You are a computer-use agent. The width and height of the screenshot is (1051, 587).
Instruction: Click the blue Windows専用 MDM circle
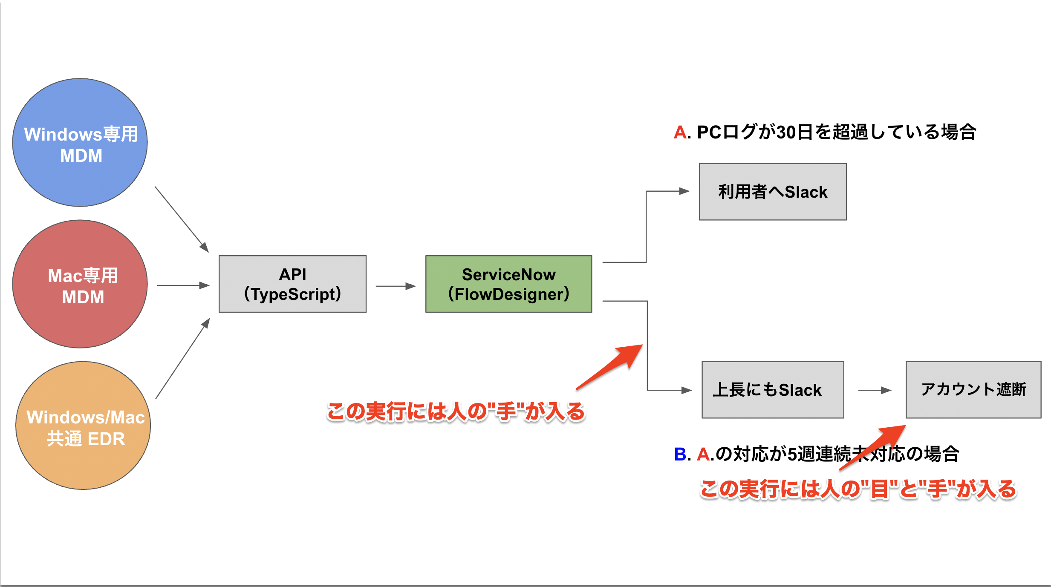(x=80, y=143)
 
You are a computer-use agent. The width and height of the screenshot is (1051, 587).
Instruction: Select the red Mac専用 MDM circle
(x=80, y=284)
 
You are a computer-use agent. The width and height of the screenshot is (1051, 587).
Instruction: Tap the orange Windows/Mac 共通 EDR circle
(x=83, y=426)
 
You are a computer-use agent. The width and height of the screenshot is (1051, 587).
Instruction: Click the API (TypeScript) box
(x=292, y=284)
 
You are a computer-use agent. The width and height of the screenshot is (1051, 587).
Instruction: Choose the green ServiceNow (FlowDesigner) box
(x=508, y=284)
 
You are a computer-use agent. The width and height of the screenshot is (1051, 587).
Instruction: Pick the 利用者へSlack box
(x=772, y=192)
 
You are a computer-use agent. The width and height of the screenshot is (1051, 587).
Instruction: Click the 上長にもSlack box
(x=772, y=390)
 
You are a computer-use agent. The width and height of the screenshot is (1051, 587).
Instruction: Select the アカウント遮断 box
(x=973, y=390)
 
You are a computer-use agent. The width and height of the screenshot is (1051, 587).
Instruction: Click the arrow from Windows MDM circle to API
(x=182, y=219)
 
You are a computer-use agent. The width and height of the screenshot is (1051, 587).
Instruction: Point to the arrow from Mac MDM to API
(x=183, y=285)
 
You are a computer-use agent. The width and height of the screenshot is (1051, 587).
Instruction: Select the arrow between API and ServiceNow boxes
(x=396, y=286)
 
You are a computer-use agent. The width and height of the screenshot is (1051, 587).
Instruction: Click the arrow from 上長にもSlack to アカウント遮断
(x=874, y=390)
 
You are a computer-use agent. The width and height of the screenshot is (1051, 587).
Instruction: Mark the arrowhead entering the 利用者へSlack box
(x=684, y=191)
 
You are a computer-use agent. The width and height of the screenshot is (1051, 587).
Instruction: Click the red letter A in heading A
(x=680, y=132)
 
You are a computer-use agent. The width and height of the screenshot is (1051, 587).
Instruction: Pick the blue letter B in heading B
(x=680, y=454)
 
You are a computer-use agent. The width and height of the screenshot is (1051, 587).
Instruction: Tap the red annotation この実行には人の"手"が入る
(x=456, y=412)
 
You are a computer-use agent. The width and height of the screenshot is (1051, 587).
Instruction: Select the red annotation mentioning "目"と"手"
(x=858, y=489)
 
